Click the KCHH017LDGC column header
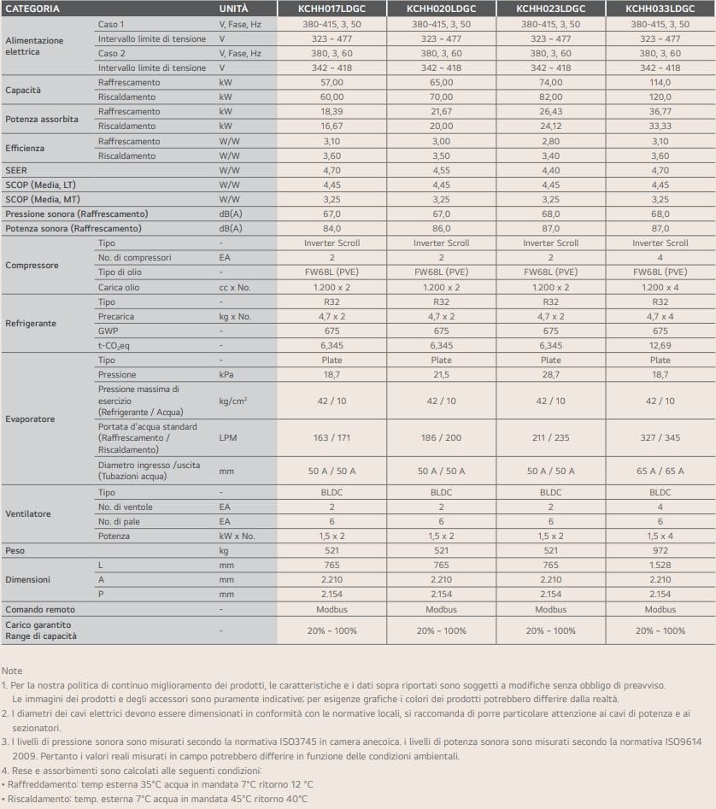pos(332,9)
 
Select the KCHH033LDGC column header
pos(660,9)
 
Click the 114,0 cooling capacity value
pos(660,83)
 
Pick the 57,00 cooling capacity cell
pos(332,83)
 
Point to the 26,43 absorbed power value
pos(550,112)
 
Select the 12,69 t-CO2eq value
pos(660,345)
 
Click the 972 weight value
pos(660,550)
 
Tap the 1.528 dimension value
pos(660,565)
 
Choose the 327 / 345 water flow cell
pos(660,437)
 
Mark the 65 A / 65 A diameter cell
pos(660,471)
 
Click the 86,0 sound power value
pos(441,228)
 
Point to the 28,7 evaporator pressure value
pos(550,374)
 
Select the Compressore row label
pos(32,265)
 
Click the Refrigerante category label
pos(31,324)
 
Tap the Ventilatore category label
pos(28,514)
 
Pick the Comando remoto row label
pos(40,609)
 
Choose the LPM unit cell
pos(227,437)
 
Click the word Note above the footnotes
pos(12,671)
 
